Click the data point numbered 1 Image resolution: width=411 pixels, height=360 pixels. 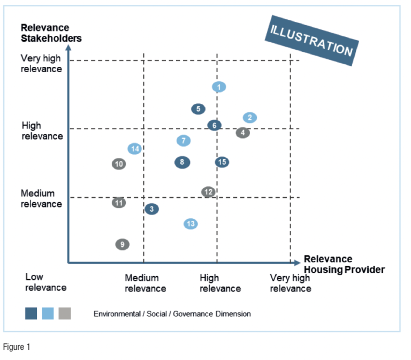click(x=219, y=87)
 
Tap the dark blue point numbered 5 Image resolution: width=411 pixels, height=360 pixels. click(x=198, y=109)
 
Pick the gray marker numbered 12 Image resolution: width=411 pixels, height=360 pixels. click(x=208, y=192)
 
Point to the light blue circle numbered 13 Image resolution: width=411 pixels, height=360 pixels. click(x=191, y=224)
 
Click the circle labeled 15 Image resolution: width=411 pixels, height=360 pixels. click(x=222, y=162)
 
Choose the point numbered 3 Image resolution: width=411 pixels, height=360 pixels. click(x=151, y=209)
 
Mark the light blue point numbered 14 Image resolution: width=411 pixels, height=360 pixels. click(x=135, y=149)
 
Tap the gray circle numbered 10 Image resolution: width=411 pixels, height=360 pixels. click(x=119, y=164)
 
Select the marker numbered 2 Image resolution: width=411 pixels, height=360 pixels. click(x=249, y=118)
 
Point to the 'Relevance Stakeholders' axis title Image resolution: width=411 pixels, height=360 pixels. click(x=51, y=33)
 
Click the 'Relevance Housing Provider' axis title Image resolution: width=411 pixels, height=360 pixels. click(x=344, y=264)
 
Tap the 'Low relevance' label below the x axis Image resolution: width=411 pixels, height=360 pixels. click(x=45, y=282)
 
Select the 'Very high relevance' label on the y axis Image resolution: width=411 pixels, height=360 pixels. click(x=41, y=64)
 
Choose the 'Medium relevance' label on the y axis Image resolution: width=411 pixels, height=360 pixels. click(x=41, y=198)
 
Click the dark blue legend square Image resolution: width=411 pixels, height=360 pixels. click(x=31, y=313)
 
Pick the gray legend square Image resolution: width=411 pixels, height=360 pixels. click(x=64, y=313)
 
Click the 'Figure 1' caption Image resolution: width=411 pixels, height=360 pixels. click(x=17, y=347)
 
